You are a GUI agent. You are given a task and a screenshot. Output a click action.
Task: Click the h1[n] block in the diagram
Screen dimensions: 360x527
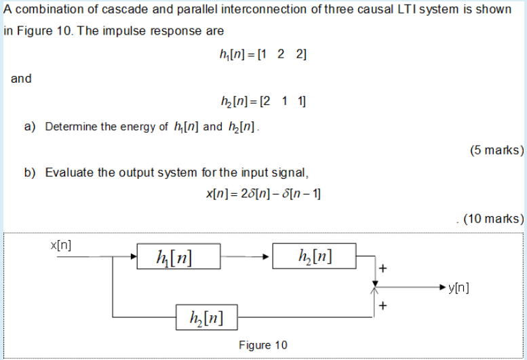coord(178,257)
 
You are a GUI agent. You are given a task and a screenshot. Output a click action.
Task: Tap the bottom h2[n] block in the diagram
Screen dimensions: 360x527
coord(205,316)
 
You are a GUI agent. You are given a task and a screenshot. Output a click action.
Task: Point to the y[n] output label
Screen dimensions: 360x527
coord(458,287)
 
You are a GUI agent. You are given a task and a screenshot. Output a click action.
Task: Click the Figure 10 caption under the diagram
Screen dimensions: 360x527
coord(263,345)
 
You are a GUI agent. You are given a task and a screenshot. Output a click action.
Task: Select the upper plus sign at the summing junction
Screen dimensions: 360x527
coord(383,268)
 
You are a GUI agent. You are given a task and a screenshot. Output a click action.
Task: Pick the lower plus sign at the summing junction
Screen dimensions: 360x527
coord(383,306)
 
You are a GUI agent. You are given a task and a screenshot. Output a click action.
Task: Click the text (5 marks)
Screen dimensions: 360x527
coord(496,150)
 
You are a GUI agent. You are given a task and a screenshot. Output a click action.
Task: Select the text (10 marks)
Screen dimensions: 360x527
coord(493,218)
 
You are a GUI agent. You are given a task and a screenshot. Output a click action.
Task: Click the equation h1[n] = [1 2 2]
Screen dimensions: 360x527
coord(259,55)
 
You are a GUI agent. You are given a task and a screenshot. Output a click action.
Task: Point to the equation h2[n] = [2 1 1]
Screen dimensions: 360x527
coord(259,102)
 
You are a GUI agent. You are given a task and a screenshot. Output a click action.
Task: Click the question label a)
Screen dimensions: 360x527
coord(29,127)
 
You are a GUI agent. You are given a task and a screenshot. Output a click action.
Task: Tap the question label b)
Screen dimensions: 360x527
coord(29,172)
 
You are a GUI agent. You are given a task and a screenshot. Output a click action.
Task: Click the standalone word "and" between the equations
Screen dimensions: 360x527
coord(21,78)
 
